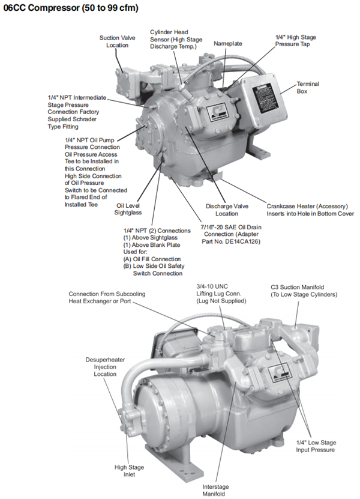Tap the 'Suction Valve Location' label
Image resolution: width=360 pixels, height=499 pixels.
coord(117,41)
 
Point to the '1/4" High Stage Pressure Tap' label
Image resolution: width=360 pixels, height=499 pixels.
coord(295,40)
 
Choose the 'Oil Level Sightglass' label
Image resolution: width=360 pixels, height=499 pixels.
coord(128,208)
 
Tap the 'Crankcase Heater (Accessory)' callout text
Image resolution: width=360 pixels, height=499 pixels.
coord(309,205)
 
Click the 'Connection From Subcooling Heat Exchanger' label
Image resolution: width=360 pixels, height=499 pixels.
coord(107,297)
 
